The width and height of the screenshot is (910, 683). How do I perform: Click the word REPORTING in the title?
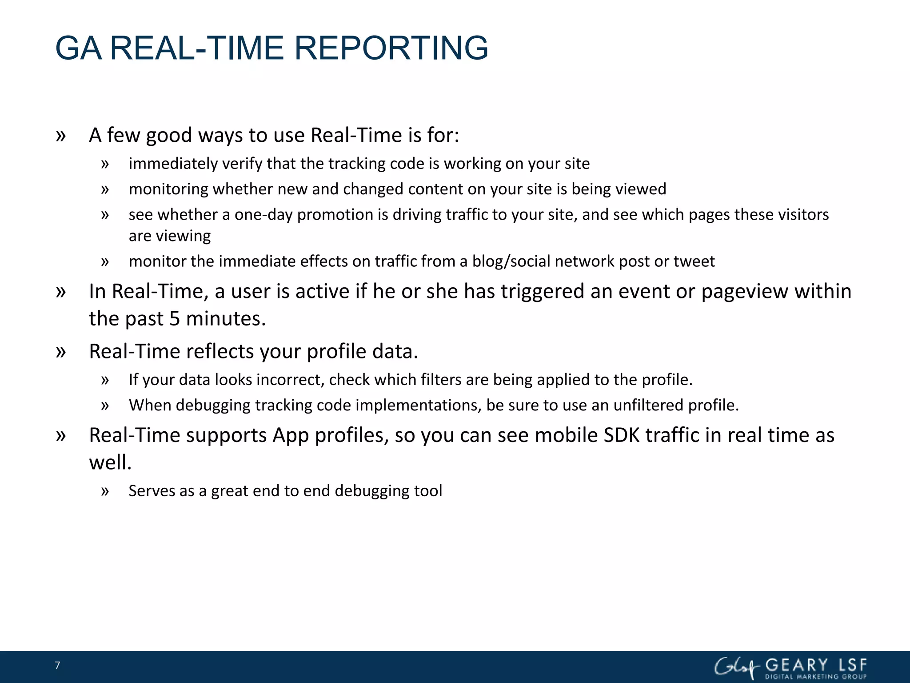pyautogui.click(x=391, y=48)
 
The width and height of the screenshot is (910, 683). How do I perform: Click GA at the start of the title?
pyautogui.click(x=78, y=48)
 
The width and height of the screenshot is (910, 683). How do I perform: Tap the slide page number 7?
pyautogui.click(x=57, y=665)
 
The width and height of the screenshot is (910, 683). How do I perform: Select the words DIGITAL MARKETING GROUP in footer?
pyautogui.click(x=816, y=677)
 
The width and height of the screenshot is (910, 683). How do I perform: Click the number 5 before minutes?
pyautogui.click(x=175, y=319)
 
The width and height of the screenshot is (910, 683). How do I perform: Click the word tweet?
pyautogui.click(x=694, y=261)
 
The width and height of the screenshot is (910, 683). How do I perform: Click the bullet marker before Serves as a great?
pyautogui.click(x=105, y=491)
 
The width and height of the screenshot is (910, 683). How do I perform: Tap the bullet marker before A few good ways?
pyautogui.click(x=61, y=136)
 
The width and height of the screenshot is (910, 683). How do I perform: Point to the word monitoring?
pyautogui.click(x=168, y=189)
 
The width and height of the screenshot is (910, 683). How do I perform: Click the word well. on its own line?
pyautogui.click(x=110, y=462)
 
